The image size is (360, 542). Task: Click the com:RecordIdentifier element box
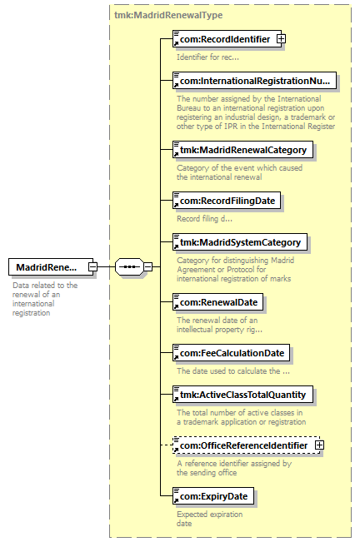pos(227,39)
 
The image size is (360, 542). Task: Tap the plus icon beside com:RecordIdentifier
pos(281,39)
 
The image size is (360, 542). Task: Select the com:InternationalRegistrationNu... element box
pos(254,81)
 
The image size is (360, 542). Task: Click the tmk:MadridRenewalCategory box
pos(242,150)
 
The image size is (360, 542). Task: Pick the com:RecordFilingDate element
pos(227,201)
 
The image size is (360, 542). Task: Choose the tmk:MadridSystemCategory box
pos(240,242)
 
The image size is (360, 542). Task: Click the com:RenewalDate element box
pos(217,302)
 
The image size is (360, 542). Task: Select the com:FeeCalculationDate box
pos(232,353)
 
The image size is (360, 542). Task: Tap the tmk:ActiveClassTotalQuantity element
pos(242,395)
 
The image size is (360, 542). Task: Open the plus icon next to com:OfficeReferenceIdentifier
pos(319,445)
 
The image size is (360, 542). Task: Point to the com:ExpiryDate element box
pos(213,496)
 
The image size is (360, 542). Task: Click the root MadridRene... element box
pos(51,267)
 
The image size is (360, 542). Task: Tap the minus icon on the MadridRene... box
pos(92,267)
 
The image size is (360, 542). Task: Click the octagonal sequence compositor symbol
pos(129,267)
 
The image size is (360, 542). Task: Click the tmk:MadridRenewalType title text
pos(168,15)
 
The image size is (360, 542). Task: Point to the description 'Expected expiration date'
pos(209,519)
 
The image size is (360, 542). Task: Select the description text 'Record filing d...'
pos(204,218)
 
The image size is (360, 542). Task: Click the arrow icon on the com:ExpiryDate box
pos(176,500)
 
